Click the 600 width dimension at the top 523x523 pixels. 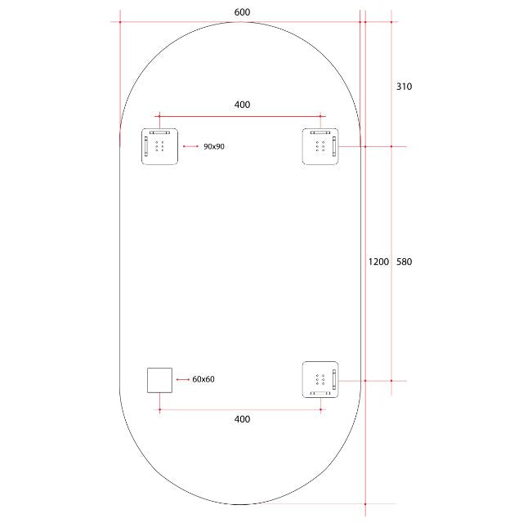pos(242,11)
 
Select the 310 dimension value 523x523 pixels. pos(405,86)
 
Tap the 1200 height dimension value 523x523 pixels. pos(378,261)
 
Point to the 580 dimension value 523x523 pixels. pos(405,261)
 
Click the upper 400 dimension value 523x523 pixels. pos(242,105)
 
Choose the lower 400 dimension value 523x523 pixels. pos(242,419)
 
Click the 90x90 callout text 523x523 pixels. pos(214,146)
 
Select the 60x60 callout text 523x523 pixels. pos(203,380)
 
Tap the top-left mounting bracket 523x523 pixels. pos(159,146)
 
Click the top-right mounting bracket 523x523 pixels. pos(320,146)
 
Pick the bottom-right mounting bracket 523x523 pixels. pos(320,379)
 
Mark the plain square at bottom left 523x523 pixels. pos(159,380)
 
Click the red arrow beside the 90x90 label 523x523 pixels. pos(191,146)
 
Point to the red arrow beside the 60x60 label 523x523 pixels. pos(182,380)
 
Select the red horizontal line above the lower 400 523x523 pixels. pos(241,409)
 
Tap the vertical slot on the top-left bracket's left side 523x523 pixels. pos(147,146)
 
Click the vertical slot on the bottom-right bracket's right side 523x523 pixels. pos(334,379)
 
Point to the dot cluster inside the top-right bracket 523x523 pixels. pos(319,146)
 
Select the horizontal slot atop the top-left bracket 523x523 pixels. pos(159,132)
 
